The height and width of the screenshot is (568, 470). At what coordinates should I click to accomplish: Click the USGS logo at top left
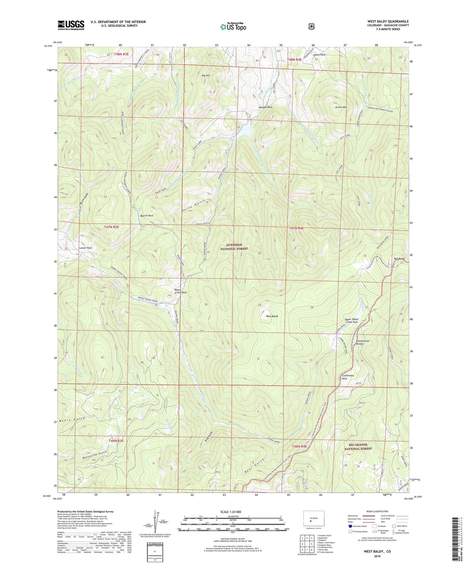click(71, 25)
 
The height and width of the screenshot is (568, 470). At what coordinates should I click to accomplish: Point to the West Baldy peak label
click(272, 316)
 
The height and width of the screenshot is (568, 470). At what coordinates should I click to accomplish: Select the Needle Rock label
click(265, 107)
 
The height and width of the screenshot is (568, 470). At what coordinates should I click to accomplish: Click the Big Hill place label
click(206, 75)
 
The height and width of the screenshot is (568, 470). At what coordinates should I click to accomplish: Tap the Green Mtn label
click(341, 107)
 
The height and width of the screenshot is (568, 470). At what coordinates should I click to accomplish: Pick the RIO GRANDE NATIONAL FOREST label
click(358, 447)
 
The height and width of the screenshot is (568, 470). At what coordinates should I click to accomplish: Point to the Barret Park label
click(147, 215)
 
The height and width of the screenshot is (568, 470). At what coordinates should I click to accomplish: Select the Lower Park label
click(86, 248)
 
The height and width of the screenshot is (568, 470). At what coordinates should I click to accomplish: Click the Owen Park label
click(319, 55)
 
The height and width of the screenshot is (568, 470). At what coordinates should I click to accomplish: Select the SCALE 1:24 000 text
click(231, 512)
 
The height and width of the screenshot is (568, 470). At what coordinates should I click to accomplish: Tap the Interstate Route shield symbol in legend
click(350, 526)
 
